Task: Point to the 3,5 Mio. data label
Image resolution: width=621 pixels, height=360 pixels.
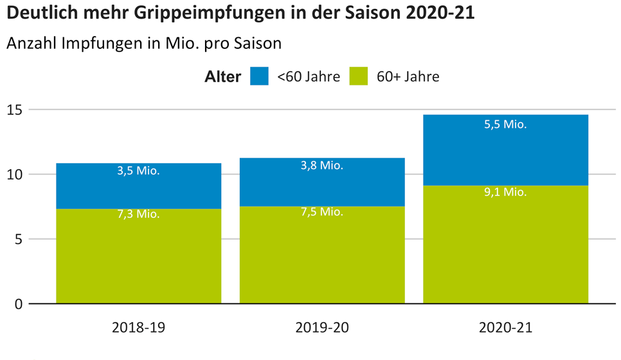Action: (138, 171)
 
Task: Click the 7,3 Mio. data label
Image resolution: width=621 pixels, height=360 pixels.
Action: (138, 214)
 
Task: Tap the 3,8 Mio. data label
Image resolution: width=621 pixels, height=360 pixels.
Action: (322, 165)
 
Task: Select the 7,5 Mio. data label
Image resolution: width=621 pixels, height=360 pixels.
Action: (322, 212)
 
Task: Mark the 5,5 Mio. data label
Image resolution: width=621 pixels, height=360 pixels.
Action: (505, 125)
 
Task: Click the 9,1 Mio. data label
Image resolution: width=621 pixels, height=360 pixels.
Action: (505, 192)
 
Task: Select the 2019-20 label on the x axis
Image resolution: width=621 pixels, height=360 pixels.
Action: (322, 327)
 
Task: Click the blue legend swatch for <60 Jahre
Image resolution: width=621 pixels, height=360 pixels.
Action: (260, 76)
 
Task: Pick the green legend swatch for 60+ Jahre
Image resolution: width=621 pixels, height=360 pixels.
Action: (359, 76)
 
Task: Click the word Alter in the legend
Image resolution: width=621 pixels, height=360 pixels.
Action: (222, 77)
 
